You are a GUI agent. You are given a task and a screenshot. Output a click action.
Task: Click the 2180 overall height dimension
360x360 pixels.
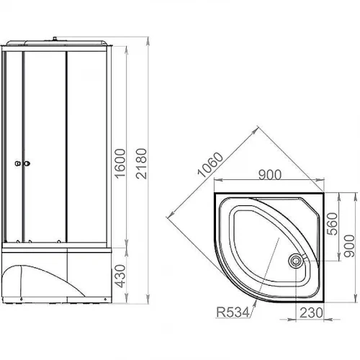click(x=141, y=163)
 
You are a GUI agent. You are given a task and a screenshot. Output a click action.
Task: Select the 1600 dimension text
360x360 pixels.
click(x=120, y=163)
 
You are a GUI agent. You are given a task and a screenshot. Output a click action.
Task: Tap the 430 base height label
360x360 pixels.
click(x=120, y=276)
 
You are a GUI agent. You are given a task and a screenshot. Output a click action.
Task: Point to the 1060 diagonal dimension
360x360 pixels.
click(x=210, y=165)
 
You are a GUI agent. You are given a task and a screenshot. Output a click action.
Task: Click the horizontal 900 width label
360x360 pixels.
click(x=270, y=175)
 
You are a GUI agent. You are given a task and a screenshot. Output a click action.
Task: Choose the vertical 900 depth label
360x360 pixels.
click(x=349, y=246)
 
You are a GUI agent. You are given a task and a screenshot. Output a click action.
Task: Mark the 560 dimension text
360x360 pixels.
click(x=333, y=224)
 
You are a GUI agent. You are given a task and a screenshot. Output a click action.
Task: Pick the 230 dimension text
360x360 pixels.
click(x=311, y=312)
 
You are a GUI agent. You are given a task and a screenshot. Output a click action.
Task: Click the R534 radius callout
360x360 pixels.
click(x=233, y=312)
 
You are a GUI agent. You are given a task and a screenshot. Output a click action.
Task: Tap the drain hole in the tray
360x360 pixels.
click(x=296, y=261)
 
